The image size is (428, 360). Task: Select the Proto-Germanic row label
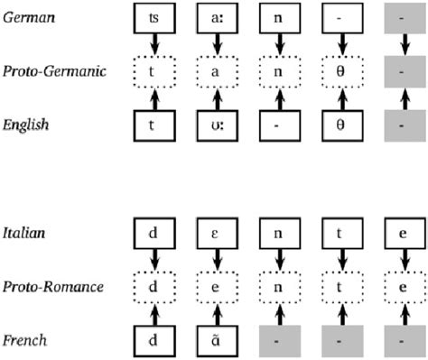(x=51, y=69)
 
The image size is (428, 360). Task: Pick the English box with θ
(x=341, y=125)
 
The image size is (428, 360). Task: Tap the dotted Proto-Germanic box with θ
(x=341, y=70)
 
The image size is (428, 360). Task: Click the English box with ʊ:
(x=217, y=125)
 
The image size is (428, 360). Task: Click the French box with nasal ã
(x=217, y=341)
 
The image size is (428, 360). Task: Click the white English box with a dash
(x=279, y=125)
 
